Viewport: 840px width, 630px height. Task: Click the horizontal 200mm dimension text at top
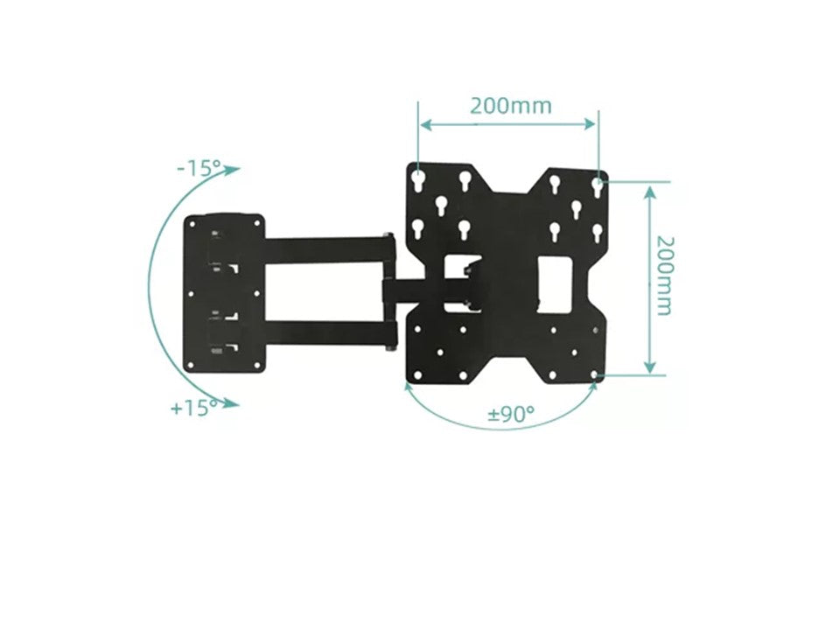tap(510, 106)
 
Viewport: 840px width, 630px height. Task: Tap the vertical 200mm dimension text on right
tap(664, 275)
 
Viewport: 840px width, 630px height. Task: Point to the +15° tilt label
tap(194, 408)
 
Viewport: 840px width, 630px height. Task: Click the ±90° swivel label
tap(511, 414)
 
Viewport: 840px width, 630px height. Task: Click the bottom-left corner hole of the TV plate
tap(417, 376)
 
